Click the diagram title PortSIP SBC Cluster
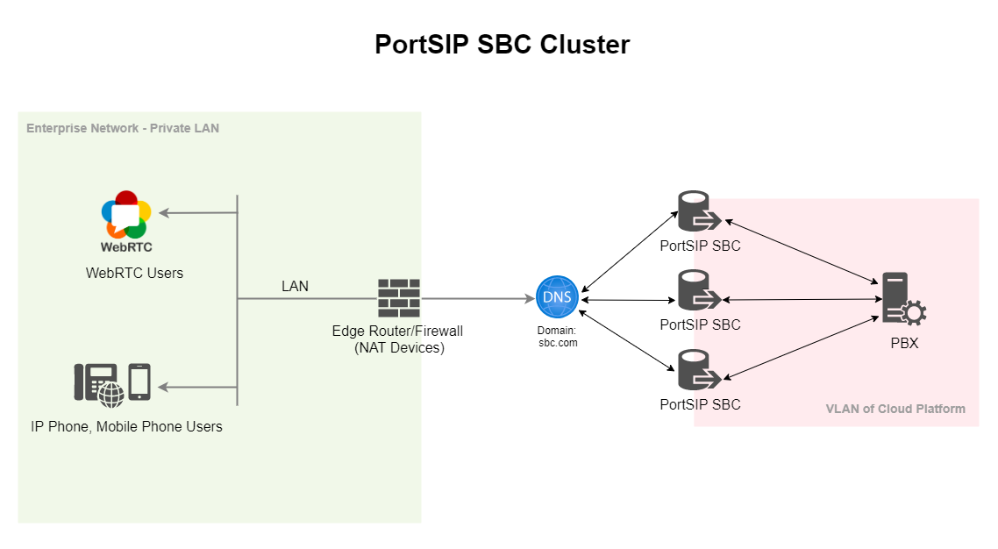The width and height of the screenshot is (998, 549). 502,45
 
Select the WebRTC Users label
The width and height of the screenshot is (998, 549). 134,273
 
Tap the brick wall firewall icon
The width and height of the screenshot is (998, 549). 399,298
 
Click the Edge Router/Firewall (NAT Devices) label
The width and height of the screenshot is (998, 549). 397,339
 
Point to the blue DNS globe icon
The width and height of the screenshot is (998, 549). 557,297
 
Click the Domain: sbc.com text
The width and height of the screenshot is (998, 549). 557,337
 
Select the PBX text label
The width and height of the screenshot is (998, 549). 904,343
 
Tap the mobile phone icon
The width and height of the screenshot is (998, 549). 139,381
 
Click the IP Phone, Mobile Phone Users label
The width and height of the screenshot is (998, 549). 126,427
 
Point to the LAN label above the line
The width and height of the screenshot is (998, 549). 295,287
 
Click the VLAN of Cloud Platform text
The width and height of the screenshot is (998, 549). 895,409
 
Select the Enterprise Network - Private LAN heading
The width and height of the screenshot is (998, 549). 123,128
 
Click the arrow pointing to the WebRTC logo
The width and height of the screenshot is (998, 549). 197,212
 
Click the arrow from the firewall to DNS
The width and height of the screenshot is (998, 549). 478,299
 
